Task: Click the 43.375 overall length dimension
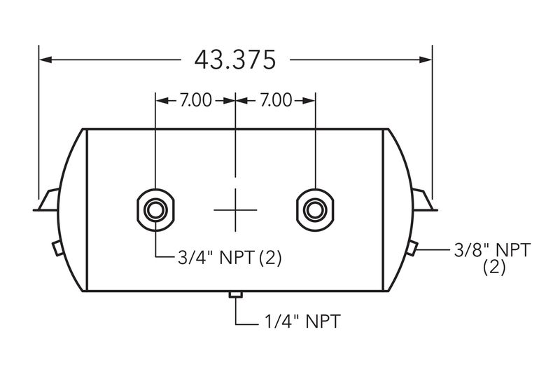click(x=235, y=60)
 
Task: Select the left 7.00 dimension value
click(x=196, y=100)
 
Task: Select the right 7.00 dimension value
click(x=276, y=100)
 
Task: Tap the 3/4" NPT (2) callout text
click(x=230, y=257)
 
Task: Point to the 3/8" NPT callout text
click(x=492, y=250)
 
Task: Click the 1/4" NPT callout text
click(x=302, y=321)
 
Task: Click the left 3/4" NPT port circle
click(x=155, y=209)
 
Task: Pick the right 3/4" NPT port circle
click(x=315, y=209)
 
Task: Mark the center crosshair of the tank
click(x=235, y=209)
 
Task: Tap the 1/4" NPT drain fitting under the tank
click(x=235, y=295)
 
